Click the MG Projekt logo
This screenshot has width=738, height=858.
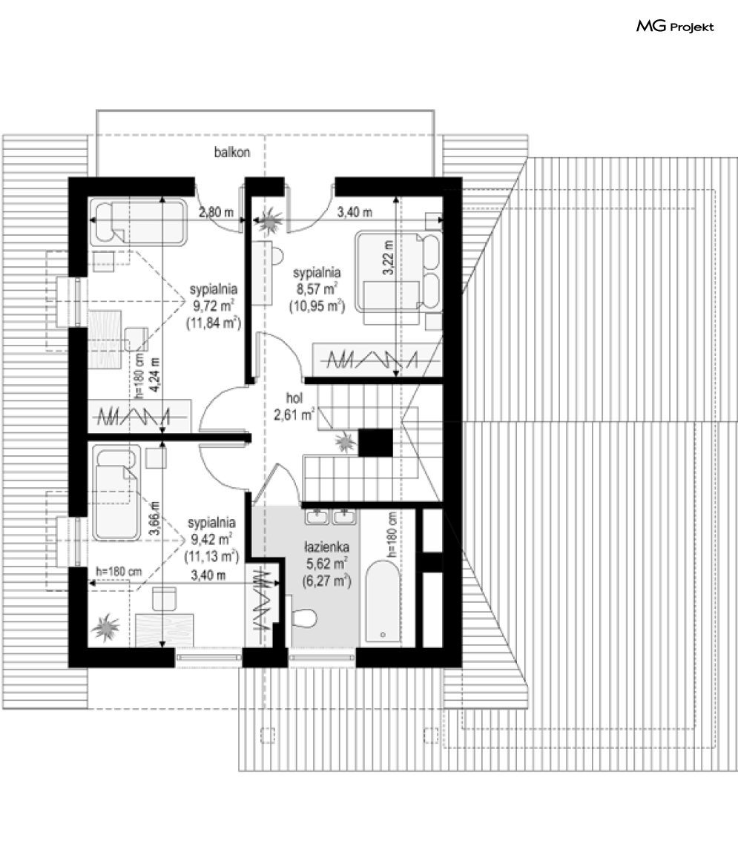[675, 26]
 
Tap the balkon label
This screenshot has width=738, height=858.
[232, 152]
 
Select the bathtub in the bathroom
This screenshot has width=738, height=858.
[383, 600]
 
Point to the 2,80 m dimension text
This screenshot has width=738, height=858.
[216, 212]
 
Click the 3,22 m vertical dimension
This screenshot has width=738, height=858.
[388, 257]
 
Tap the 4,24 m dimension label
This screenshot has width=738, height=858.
[156, 374]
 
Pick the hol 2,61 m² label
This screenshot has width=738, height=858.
[294, 406]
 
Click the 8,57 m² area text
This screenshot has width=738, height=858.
[317, 288]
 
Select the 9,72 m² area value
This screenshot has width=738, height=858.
[214, 306]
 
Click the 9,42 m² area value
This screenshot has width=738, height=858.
[211, 539]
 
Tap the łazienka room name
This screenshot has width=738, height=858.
[327, 546]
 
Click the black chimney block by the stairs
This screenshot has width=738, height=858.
[375, 443]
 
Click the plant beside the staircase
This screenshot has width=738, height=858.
[345, 442]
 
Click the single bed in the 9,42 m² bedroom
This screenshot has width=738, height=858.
[116, 493]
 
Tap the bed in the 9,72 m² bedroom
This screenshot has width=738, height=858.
[138, 221]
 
